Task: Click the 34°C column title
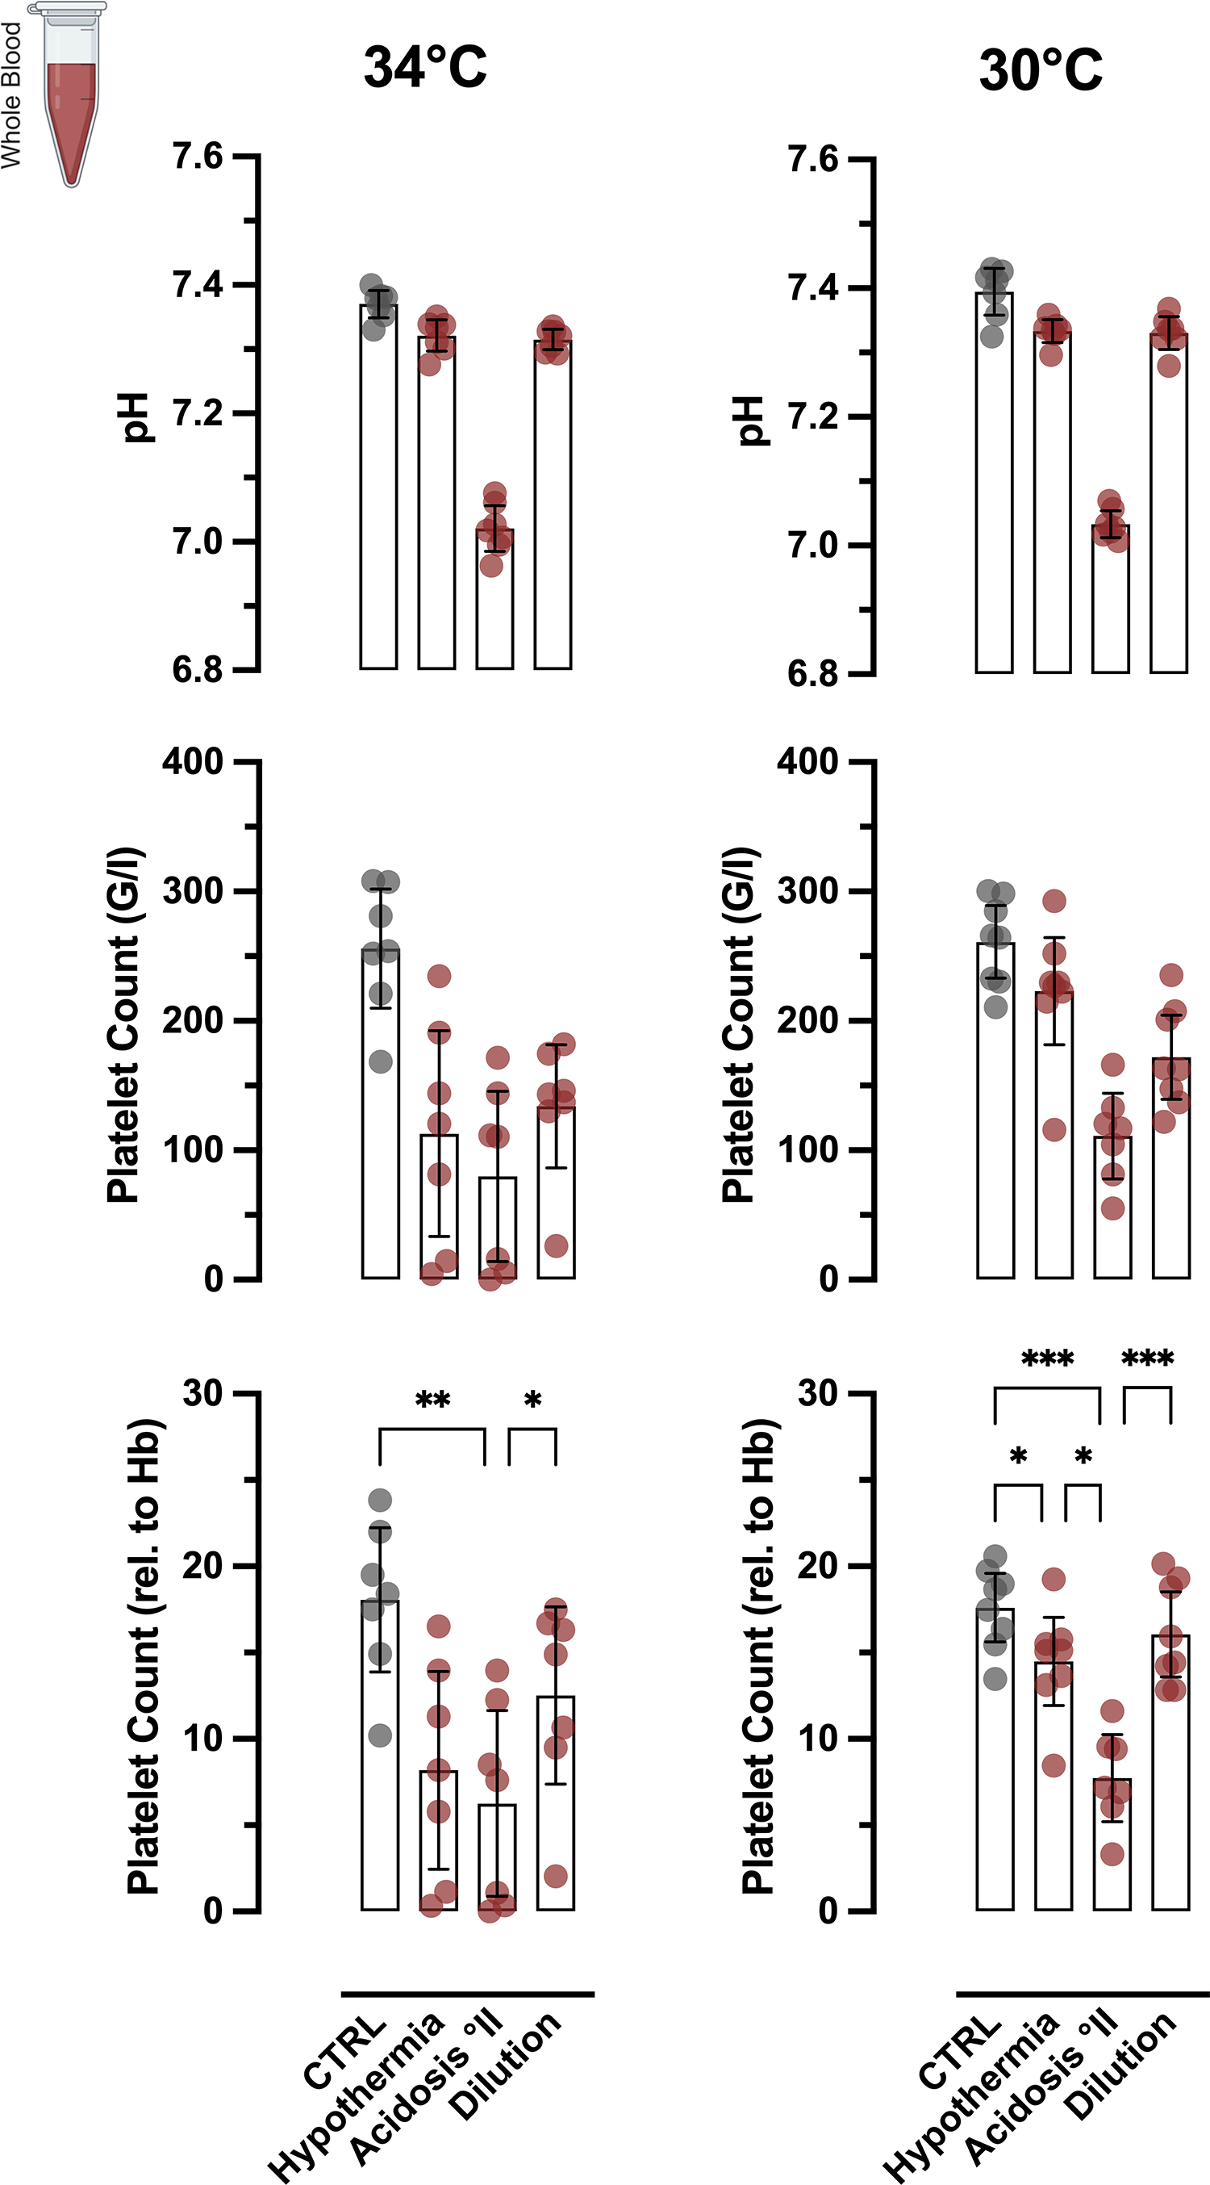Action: tap(425, 68)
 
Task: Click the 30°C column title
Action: tap(1041, 70)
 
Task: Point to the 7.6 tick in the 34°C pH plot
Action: tap(198, 157)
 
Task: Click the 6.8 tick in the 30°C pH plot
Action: tap(812, 674)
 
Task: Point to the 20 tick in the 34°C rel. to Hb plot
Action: tap(202, 1565)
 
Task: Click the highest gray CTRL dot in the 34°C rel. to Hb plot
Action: tap(380, 1501)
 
